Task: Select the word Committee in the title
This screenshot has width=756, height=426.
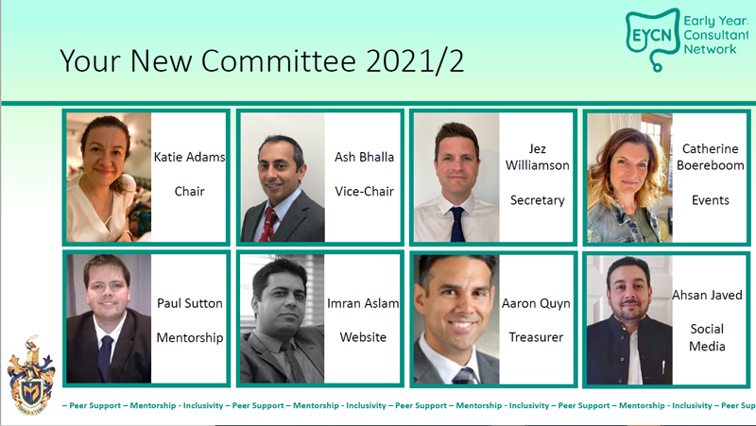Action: tap(278, 61)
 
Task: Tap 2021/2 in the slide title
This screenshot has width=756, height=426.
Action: tap(415, 61)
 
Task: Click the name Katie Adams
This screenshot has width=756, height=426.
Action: tap(190, 157)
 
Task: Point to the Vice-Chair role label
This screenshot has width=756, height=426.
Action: tap(365, 192)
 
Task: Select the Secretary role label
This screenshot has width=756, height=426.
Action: tap(538, 200)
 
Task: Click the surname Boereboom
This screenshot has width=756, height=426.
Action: tap(711, 165)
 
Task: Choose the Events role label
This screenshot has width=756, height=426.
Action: tap(711, 200)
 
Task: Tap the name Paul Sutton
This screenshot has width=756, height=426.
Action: tap(190, 303)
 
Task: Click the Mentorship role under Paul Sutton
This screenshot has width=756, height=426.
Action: tap(190, 338)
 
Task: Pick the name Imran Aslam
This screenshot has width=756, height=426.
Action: tap(363, 303)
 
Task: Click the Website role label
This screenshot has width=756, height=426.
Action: tap(363, 337)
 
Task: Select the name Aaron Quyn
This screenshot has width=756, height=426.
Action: tap(536, 303)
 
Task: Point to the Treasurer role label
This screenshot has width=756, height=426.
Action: tap(536, 337)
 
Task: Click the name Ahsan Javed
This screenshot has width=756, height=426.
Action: tap(707, 295)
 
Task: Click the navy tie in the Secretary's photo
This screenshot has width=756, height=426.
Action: tap(457, 224)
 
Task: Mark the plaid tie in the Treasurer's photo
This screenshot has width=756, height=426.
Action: tap(463, 375)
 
